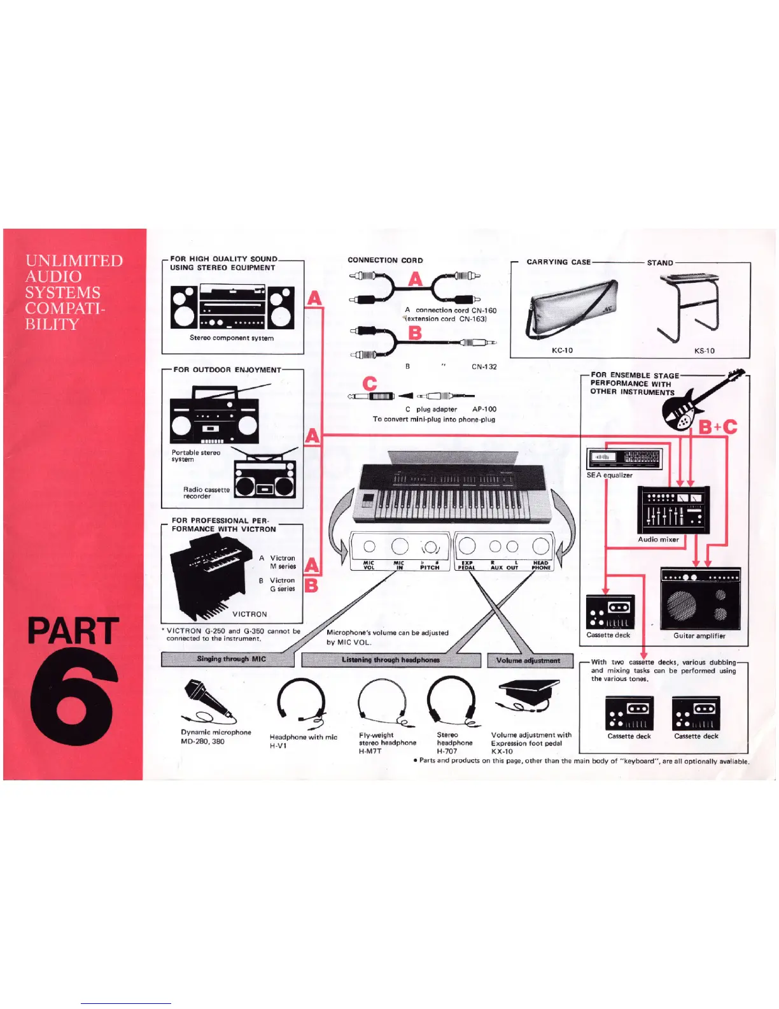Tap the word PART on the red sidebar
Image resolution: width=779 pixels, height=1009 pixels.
73,631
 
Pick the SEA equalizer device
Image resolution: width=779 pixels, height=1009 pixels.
624,459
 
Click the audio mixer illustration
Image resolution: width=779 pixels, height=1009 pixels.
673,510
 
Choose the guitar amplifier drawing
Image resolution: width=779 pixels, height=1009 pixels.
700,598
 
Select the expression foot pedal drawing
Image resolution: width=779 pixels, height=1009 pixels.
528,694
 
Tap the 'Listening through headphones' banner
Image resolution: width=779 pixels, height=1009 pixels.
391,660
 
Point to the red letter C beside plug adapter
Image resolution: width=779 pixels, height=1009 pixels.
370,383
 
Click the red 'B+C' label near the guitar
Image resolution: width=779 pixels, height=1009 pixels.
718,427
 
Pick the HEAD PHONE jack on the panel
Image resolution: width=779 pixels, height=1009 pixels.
540,546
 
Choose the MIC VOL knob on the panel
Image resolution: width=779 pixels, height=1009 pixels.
369,547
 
